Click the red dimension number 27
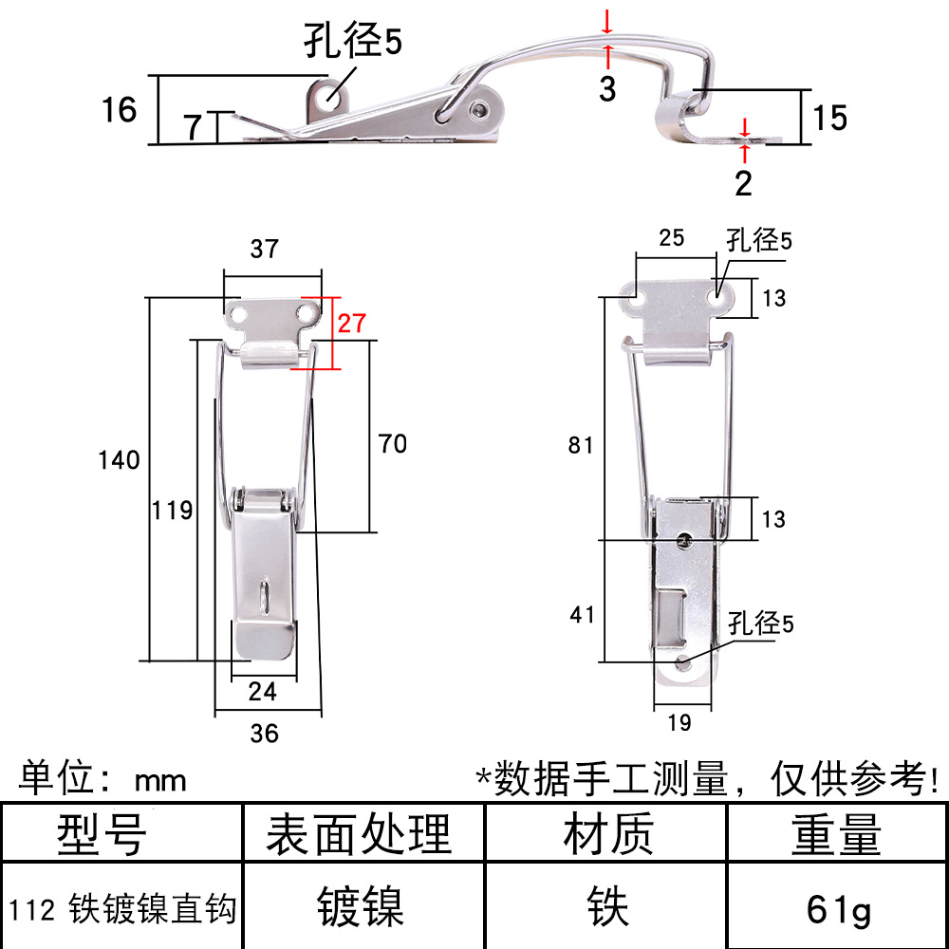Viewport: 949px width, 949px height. [x=352, y=324]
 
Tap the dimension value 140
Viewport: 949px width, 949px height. [x=120, y=460]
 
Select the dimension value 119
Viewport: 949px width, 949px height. [x=173, y=511]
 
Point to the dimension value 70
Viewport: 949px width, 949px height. [x=393, y=444]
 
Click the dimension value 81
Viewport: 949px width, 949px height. [x=581, y=445]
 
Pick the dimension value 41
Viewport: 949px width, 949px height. [x=583, y=615]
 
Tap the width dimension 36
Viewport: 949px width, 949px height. [x=265, y=734]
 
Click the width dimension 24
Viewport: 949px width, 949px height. [x=263, y=691]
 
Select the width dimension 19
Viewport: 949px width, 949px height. [x=679, y=722]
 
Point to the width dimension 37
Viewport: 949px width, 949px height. [x=265, y=249]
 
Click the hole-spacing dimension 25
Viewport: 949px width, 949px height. [x=672, y=238]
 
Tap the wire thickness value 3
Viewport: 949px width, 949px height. [x=607, y=88]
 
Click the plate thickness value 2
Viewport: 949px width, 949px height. [x=743, y=183]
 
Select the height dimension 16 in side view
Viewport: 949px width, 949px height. [x=120, y=109]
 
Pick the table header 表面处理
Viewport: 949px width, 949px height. [x=359, y=834]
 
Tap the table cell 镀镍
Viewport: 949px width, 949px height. [x=361, y=906]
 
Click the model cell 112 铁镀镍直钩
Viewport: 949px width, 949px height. [x=122, y=908]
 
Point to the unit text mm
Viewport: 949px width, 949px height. [x=160, y=781]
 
